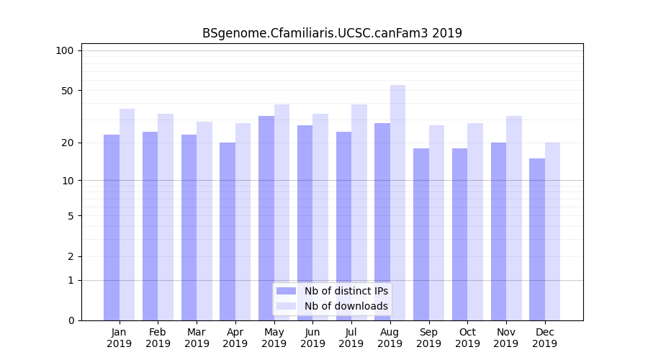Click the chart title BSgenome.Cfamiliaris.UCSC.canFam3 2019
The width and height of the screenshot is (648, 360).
(332, 33)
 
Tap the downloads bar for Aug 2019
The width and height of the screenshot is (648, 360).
(397, 202)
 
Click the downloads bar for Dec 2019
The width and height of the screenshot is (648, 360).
(552, 231)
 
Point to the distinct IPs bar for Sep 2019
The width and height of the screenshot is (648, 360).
(421, 234)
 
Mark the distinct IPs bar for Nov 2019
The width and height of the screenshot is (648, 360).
(498, 231)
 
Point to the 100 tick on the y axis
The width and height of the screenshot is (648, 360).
(65, 50)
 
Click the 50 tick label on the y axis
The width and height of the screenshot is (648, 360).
(67, 91)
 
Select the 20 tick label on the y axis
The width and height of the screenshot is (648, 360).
(67, 143)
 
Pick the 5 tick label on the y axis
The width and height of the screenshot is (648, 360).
(70, 215)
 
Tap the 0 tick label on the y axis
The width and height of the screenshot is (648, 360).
(70, 320)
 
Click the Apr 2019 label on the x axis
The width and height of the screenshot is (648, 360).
(235, 338)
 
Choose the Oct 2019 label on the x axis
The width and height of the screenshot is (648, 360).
(467, 338)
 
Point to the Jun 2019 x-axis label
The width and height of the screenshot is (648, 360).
(312, 338)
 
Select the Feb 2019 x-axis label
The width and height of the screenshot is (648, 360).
(158, 338)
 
